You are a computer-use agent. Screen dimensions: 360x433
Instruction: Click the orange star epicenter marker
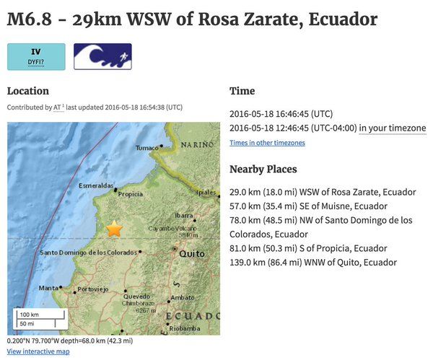114,229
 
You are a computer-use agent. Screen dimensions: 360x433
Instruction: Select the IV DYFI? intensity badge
36,57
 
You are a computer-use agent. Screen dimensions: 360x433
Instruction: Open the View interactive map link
38,351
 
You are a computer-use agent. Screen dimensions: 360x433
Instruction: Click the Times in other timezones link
267,143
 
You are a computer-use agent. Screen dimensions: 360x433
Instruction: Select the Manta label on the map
49,288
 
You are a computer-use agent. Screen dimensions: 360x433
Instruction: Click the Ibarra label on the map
184,215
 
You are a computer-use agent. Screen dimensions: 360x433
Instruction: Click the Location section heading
28,91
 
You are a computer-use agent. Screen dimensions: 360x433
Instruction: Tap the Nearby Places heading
263,169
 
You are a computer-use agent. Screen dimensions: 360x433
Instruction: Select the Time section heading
242,91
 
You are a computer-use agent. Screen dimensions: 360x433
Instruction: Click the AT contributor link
58,107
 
